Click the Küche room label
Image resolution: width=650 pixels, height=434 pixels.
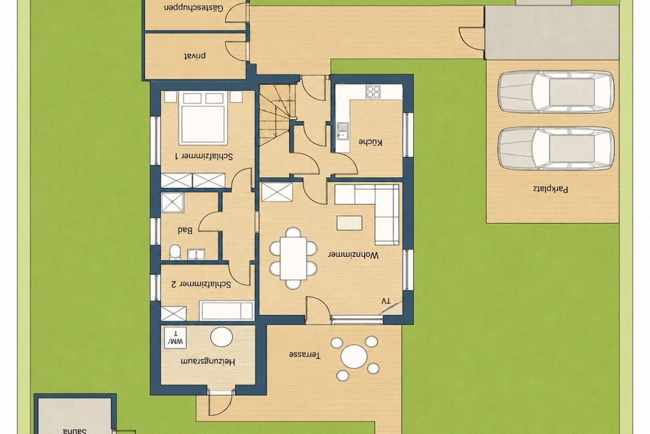coord(370,142)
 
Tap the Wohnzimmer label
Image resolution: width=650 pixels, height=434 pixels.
coord(353,255)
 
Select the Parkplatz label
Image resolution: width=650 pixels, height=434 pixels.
coord(550,189)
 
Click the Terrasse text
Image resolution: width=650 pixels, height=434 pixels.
coord(305,355)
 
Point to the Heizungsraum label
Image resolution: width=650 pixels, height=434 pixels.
coord(208,362)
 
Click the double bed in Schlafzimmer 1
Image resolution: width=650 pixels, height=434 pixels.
coord(202,118)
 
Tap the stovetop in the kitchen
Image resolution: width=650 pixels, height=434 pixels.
coord(373,92)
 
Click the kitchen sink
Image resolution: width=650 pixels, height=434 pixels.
coord(342,131)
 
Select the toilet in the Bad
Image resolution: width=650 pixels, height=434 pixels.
coord(175,252)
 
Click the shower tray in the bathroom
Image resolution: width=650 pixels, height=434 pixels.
coord(173,203)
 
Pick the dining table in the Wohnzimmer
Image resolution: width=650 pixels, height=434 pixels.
coord(293,258)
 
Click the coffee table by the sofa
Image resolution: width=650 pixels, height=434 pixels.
coord(349,223)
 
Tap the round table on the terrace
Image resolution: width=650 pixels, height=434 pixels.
coord(354,356)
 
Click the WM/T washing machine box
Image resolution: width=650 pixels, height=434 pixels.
coord(175,338)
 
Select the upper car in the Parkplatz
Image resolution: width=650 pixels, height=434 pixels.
coord(556,92)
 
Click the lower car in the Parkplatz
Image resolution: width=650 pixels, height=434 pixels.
coord(556,149)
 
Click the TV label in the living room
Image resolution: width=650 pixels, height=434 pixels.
coord(386,301)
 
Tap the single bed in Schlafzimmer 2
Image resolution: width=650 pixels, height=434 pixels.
coord(227,311)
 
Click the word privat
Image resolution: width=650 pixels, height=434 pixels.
coord(195,56)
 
